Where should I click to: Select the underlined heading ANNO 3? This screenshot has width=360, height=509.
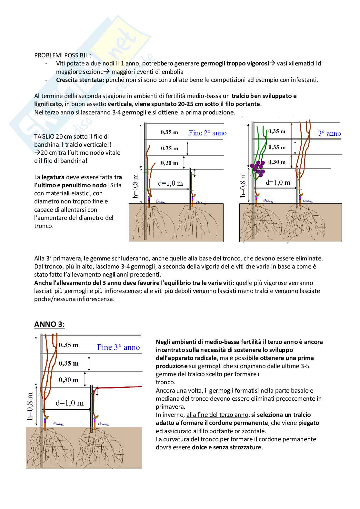pyautogui.click(x=49, y=324)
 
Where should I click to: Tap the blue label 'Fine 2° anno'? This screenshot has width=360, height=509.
pyautogui.click(x=207, y=133)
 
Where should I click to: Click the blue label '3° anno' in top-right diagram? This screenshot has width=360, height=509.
pyautogui.click(x=329, y=133)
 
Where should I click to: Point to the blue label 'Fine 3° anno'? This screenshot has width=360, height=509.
pyautogui.click(x=118, y=347)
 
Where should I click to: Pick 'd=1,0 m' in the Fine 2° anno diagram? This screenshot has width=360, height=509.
pyautogui.click(x=170, y=183)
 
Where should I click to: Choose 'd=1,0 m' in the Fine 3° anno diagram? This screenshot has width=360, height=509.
pyautogui.click(x=70, y=403)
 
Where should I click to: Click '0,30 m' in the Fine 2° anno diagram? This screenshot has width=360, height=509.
pyautogui.click(x=169, y=163)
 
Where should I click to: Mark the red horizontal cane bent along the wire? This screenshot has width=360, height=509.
pyautogui.click(x=119, y=387)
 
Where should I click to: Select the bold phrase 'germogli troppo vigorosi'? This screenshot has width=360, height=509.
pyautogui.click(x=235, y=64)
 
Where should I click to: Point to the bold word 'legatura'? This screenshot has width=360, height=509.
pyautogui.click(x=53, y=177)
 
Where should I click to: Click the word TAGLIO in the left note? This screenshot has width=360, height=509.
pyautogui.click(x=44, y=136)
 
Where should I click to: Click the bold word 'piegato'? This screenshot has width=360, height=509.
pyautogui.click(x=308, y=423)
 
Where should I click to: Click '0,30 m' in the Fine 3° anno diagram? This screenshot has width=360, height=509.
pyautogui.click(x=69, y=380)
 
